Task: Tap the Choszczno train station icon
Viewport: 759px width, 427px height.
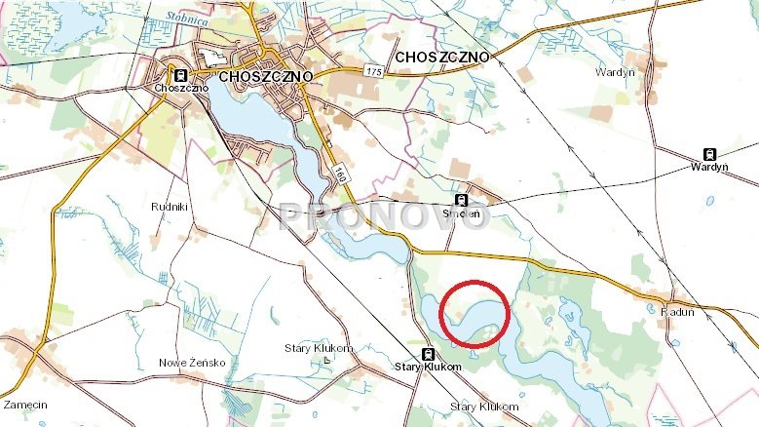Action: click(179, 75)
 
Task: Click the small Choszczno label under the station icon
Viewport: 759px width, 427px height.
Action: click(175, 89)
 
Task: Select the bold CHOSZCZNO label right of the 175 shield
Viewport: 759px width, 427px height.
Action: click(443, 57)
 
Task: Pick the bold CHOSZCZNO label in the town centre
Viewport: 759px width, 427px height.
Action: click(266, 76)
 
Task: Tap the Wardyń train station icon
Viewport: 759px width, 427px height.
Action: click(709, 154)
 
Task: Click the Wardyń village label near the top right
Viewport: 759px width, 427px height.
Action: click(613, 71)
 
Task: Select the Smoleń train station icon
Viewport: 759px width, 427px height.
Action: click(462, 199)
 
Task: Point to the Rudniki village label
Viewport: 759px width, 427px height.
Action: click(168, 208)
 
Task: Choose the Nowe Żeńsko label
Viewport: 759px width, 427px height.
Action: click(192, 363)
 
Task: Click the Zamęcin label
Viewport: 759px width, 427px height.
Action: click(26, 404)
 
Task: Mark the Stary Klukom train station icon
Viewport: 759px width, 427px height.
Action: click(427, 354)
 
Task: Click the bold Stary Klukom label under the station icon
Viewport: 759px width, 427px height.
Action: click(427, 368)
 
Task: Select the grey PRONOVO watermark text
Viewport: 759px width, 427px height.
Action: click(383, 216)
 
